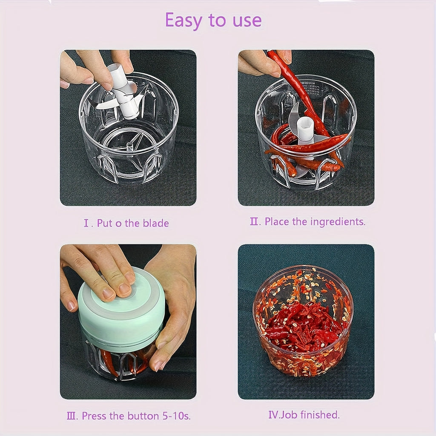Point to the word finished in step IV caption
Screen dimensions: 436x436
pos(320,414)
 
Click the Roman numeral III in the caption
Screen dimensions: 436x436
pos(72,416)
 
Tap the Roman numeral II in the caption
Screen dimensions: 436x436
pos(255,221)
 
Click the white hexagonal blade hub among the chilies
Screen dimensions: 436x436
pos(306,128)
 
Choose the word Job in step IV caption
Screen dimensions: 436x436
pos(289,414)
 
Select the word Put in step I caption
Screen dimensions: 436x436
pos(105,223)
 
